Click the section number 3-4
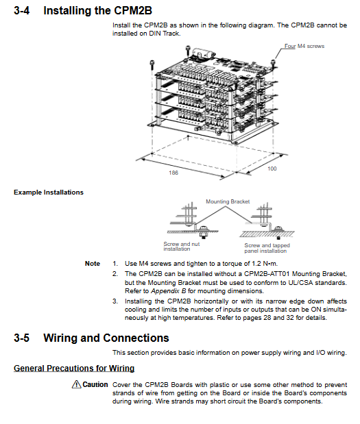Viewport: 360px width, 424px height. point(22,10)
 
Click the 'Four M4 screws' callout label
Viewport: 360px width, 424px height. point(304,47)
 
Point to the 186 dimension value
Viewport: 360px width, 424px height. point(173,173)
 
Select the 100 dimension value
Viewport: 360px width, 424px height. point(272,169)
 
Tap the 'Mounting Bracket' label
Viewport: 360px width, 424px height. point(228,201)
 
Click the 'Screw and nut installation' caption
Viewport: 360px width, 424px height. point(181,247)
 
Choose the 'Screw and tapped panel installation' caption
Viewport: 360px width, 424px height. point(267,248)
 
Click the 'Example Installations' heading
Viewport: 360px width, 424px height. point(49,192)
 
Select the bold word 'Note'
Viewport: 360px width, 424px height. point(93,264)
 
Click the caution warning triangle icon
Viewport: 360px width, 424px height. point(76,384)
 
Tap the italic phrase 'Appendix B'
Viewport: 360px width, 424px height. point(169,291)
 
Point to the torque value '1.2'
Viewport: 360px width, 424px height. point(256,264)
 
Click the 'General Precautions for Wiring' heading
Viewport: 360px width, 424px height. point(74,369)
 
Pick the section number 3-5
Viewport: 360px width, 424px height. point(22,338)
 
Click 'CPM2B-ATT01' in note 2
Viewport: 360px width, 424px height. point(267,274)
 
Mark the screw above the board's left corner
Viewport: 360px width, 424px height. point(152,65)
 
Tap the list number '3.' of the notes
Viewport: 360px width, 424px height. point(115,301)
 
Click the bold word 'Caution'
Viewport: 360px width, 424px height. point(95,384)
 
